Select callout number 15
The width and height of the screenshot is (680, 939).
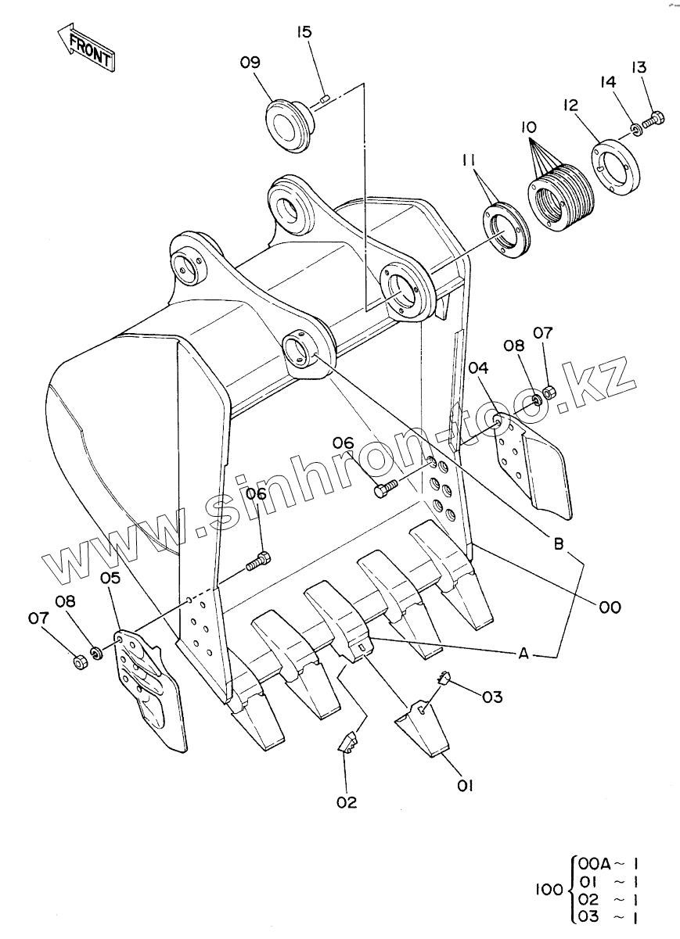coord(304,32)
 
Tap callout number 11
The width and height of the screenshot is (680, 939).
coord(468,161)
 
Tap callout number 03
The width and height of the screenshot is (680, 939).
coord(492,696)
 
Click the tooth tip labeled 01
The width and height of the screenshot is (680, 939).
coord(424,729)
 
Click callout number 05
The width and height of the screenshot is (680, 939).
coord(110,579)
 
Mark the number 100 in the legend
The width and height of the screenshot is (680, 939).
coord(549,889)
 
